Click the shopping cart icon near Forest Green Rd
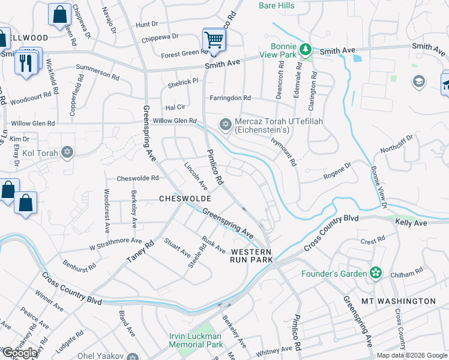[x=213, y=40]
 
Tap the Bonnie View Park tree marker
[x=306, y=49]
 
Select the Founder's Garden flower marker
[x=376, y=274]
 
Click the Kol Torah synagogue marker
[x=67, y=152]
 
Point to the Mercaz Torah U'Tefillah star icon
[x=226, y=125]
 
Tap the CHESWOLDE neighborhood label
[x=184, y=198]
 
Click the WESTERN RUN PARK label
[x=252, y=256]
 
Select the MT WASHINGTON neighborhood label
[x=407, y=301]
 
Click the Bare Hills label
[x=277, y=6]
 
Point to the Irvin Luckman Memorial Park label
[x=196, y=340]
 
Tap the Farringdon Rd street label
[x=230, y=98]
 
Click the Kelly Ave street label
[x=411, y=223]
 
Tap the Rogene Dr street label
[x=337, y=170]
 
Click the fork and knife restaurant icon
[x=25, y=63]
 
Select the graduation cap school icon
[x=418, y=81]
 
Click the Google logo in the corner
[x=20, y=353]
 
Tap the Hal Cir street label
[x=175, y=107]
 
